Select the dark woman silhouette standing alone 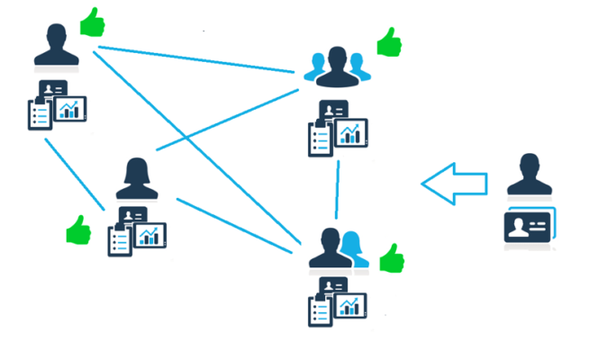(137, 179)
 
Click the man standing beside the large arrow (529, 175)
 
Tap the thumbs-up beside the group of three (389, 41)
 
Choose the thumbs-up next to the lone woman (79, 230)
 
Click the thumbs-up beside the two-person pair (391, 258)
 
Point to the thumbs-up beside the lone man (91, 22)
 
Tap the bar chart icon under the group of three (352, 133)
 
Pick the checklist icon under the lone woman (120, 239)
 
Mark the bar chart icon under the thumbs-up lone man (70, 108)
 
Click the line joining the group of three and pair (338, 190)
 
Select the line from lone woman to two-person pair (236, 225)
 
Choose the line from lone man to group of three (198, 58)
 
